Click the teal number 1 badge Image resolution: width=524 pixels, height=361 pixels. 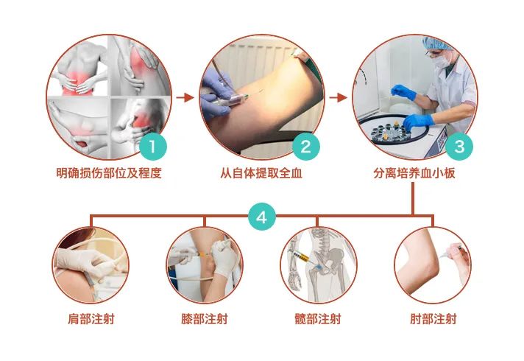click(153, 147)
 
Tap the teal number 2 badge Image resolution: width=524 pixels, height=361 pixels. click(306, 147)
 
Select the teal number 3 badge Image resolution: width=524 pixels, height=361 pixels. click(459, 147)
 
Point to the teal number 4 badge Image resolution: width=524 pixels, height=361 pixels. click(262, 217)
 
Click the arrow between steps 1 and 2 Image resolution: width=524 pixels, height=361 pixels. click(185, 98)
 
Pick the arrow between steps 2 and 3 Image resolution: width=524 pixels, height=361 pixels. click(339, 98)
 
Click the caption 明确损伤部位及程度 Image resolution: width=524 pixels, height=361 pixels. click(109, 173)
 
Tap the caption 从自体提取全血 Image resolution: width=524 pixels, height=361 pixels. click(261, 173)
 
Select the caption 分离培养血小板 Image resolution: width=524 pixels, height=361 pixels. click(414, 173)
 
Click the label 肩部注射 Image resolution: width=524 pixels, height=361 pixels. click(91, 318)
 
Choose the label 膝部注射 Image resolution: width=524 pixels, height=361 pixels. click(205, 318)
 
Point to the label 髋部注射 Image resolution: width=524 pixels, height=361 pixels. click(318, 318)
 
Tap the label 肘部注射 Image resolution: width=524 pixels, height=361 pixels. click(433, 318)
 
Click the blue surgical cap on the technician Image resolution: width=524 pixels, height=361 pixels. click(436, 43)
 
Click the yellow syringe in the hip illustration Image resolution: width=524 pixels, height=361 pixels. click(302, 257)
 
